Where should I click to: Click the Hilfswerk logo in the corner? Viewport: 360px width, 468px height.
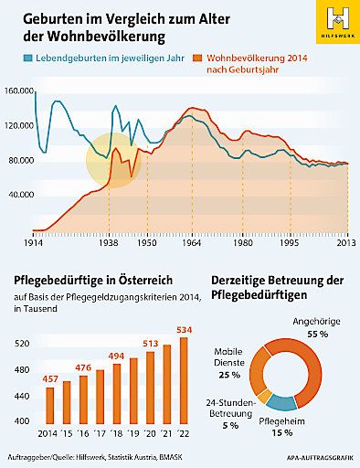click(x=334, y=20)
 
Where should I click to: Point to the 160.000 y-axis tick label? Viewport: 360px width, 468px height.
click(x=19, y=91)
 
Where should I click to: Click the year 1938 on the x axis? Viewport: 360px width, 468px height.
click(x=109, y=244)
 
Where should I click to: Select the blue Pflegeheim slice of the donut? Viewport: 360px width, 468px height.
click(x=285, y=401)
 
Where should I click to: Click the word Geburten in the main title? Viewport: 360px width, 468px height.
click(x=53, y=17)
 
